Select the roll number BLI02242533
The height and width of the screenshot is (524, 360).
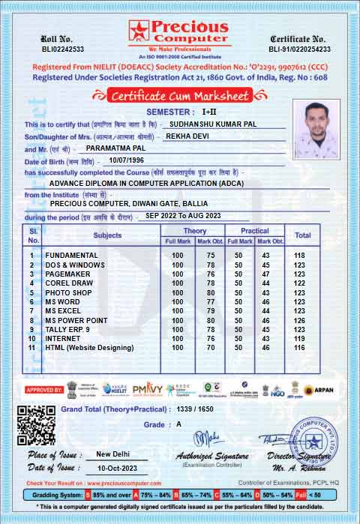click(62, 49)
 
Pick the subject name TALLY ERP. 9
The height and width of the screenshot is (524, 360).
click(67, 329)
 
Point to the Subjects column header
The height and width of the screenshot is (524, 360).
click(107, 235)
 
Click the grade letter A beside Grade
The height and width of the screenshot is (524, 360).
click(178, 424)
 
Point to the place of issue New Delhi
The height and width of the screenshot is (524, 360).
click(114, 454)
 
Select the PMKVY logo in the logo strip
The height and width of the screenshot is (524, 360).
click(147, 389)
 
